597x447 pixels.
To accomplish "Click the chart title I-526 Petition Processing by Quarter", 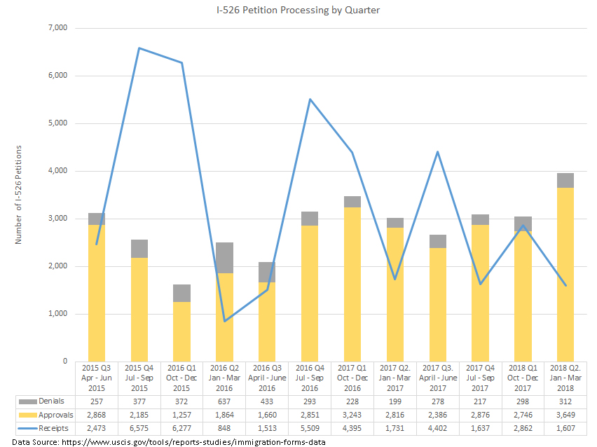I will click(x=298, y=11).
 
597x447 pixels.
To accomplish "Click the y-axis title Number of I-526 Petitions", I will click(x=19, y=195).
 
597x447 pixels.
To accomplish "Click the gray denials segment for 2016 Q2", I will click(x=225, y=258).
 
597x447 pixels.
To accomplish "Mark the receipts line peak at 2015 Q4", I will click(x=139, y=48).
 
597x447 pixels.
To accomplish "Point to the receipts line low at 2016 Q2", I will click(x=225, y=321).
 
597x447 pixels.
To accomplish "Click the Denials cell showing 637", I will click(x=225, y=401).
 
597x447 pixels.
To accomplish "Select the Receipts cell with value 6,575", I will click(x=139, y=427).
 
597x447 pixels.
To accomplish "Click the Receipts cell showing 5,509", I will click(x=310, y=427).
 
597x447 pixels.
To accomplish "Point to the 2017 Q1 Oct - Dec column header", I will click(x=353, y=378).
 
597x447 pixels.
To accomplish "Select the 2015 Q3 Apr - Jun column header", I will click(x=97, y=378).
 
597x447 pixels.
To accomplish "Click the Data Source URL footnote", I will click(x=169, y=441).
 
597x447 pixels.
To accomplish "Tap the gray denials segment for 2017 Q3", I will click(x=438, y=242).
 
